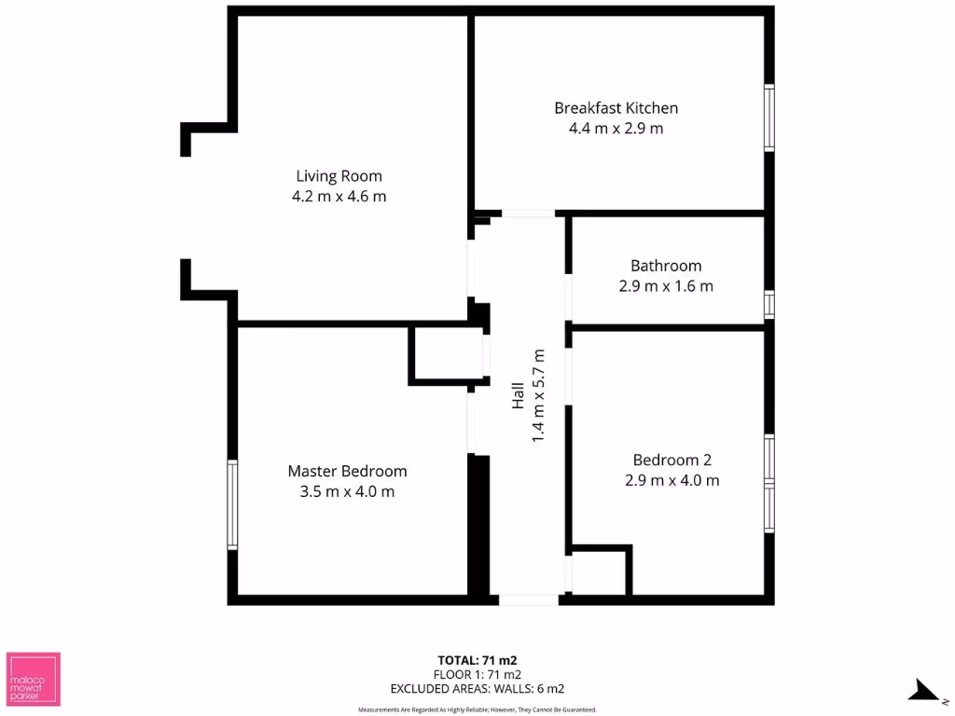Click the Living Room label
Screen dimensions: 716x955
tap(339, 175)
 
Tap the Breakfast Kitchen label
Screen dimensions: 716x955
tap(616, 108)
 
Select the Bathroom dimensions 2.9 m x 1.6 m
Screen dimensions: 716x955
tap(666, 286)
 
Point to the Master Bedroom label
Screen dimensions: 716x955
tap(347, 471)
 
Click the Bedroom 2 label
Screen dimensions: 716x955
tap(671, 460)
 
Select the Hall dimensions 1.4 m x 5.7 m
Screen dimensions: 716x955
tap(538, 395)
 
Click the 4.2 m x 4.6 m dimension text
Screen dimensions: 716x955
tap(339, 197)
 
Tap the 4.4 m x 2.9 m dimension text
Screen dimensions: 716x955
tap(616, 129)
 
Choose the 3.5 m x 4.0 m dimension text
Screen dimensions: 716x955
tap(347, 491)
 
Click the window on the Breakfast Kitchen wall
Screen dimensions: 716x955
tap(769, 117)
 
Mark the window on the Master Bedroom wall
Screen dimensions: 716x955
tap(232, 504)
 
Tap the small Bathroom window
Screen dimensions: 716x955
tap(769, 305)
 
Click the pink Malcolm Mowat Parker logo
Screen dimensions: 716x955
tap(34, 678)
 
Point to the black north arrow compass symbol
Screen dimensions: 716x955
tap(924, 690)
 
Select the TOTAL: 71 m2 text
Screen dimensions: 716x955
tap(477, 660)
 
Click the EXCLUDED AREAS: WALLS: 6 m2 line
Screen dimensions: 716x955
tap(477, 689)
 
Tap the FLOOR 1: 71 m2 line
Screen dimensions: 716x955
tap(477, 674)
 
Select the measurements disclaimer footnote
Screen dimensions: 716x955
tap(477, 709)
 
